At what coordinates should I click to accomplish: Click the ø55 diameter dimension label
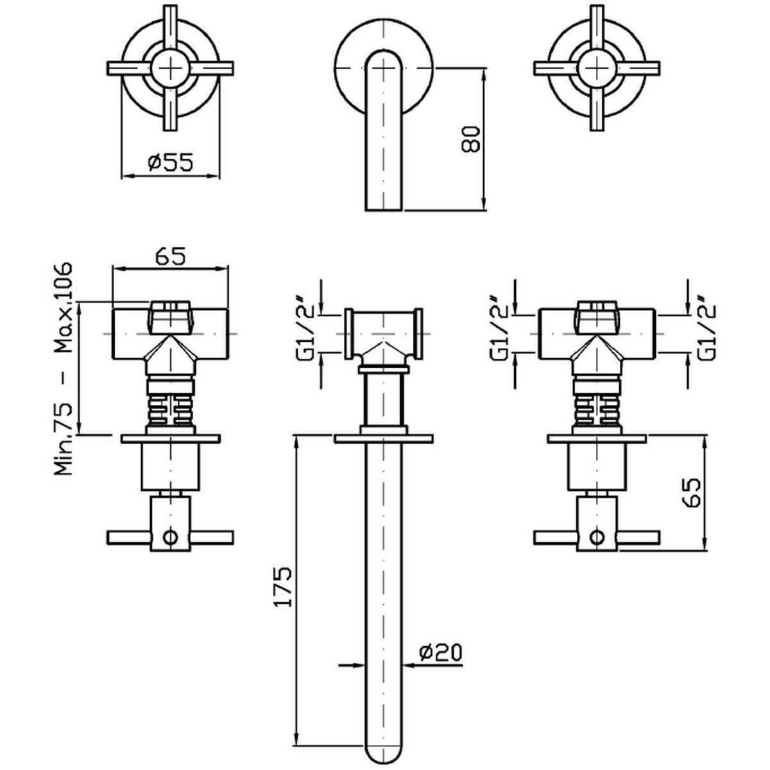(x=170, y=163)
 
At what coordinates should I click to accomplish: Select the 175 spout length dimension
(x=285, y=586)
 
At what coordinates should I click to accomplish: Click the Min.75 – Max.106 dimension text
(x=64, y=368)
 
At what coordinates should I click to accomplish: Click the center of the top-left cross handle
(x=170, y=67)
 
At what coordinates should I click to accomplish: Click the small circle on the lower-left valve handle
(x=170, y=536)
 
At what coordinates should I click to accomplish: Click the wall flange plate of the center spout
(x=383, y=439)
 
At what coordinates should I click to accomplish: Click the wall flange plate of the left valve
(x=170, y=439)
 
